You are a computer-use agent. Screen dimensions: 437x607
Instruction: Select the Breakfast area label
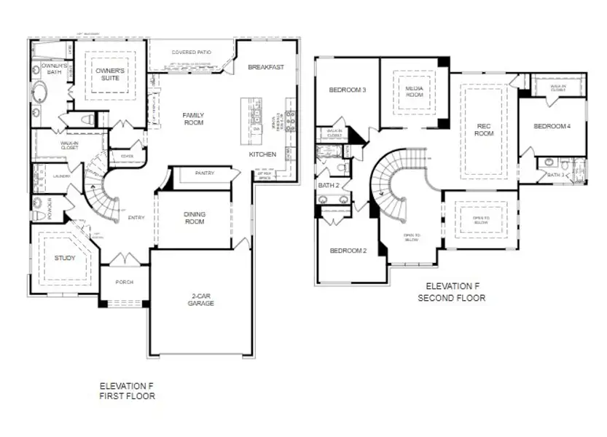click(x=265, y=67)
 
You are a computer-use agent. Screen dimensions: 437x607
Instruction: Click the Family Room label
click(x=193, y=119)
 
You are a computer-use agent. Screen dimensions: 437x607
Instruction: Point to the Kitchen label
click(x=262, y=154)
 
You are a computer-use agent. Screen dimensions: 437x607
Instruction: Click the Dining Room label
click(x=193, y=218)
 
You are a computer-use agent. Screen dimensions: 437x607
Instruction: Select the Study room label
click(x=65, y=258)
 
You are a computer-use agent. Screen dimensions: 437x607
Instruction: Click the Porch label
click(x=124, y=283)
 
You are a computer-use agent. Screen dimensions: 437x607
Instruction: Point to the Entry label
click(x=136, y=217)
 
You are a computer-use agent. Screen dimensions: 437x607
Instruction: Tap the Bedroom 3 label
click(x=347, y=90)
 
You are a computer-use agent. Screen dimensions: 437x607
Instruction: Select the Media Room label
click(x=415, y=91)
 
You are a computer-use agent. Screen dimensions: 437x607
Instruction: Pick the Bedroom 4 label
click(x=552, y=126)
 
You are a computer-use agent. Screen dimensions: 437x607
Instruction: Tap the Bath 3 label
click(x=555, y=175)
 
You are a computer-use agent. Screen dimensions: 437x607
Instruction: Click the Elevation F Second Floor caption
click(x=455, y=292)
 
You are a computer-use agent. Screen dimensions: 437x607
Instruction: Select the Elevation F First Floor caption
click(x=128, y=391)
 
